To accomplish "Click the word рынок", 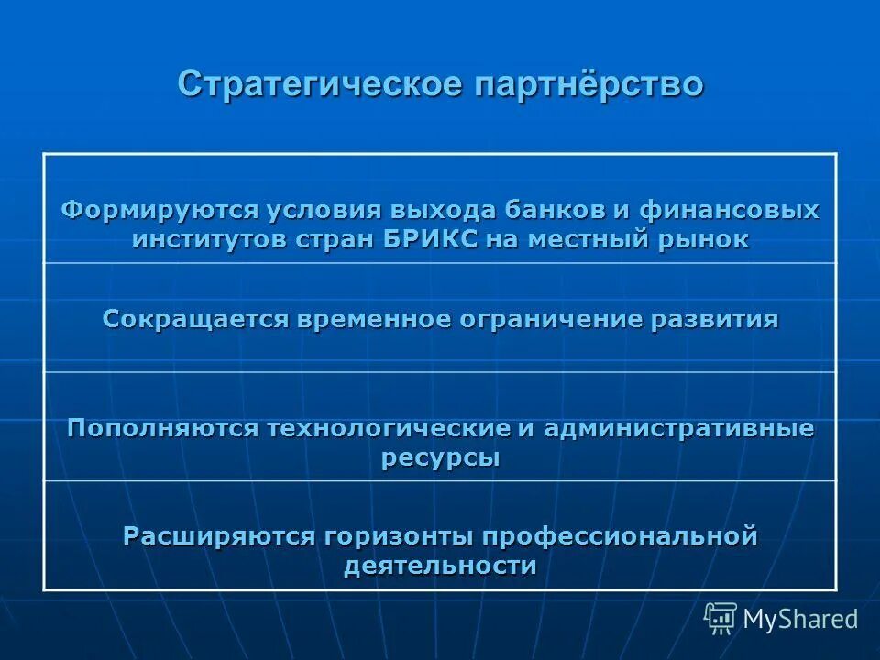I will (708, 239).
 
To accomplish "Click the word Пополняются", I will (162, 428).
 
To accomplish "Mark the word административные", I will (679, 428).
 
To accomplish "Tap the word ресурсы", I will (440, 457).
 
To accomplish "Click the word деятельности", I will (440, 566).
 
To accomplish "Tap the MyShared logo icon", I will (720, 618).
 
